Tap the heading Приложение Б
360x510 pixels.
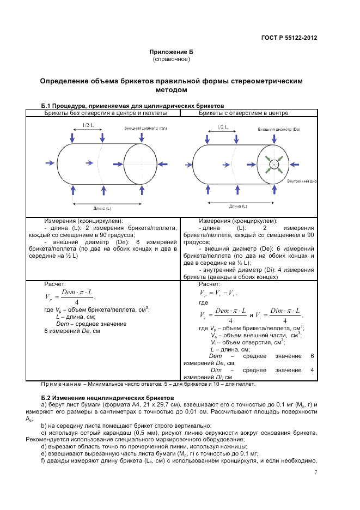click(x=172, y=52)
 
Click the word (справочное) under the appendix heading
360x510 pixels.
click(x=172, y=58)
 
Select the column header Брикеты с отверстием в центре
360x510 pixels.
click(x=243, y=113)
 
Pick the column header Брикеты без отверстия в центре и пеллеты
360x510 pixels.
click(x=105, y=113)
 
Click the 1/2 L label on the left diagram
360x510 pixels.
click(x=87, y=125)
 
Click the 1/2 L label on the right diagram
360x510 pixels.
click(x=222, y=126)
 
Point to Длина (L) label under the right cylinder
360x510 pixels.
click(x=237, y=207)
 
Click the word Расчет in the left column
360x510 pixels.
click(x=54, y=284)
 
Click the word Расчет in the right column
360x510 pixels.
click(x=210, y=284)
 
